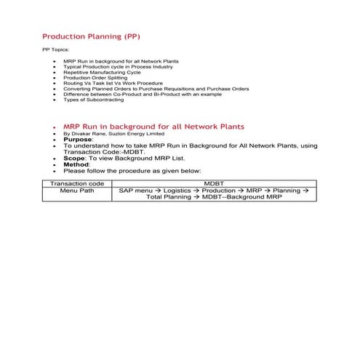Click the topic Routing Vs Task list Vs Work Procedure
click(118, 84)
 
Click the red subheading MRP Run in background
click(153, 127)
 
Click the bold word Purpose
click(78, 140)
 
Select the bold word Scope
click(74, 158)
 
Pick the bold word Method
click(76, 164)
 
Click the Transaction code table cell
click(78, 184)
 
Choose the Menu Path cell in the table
click(78, 191)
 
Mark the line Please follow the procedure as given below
click(132, 171)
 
